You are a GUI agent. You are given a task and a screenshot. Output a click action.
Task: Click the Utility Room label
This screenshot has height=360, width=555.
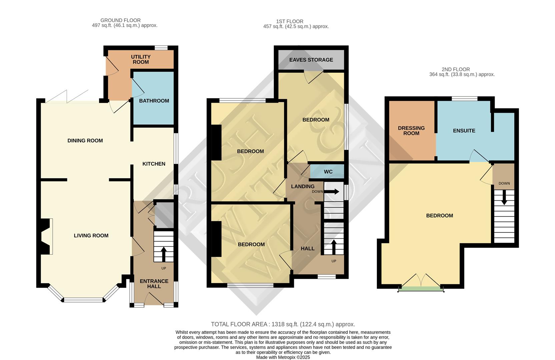click(141, 59)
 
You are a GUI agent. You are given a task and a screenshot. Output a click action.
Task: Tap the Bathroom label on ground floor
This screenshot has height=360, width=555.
click(154, 101)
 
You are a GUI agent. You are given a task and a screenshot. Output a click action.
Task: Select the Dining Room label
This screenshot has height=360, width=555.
click(85, 141)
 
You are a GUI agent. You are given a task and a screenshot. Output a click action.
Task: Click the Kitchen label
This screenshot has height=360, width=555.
click(154, 164)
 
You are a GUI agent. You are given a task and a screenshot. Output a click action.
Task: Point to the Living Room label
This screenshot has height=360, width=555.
click(91, 236)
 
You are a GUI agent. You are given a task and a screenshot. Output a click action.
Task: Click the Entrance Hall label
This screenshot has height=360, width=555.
click(154, 284)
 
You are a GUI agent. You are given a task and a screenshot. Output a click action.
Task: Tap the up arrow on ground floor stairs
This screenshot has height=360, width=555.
click(163, 254)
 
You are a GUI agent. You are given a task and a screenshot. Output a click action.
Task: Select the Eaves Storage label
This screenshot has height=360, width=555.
click(311, 60)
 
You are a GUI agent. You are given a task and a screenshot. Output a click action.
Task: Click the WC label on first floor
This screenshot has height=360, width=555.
click(328, 172)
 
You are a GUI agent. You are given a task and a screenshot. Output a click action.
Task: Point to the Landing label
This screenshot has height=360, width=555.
click(303, 186)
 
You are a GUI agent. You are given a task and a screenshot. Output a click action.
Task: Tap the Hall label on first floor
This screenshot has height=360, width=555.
click(308, 248)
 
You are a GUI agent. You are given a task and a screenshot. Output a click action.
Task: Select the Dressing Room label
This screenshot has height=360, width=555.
click(411, 131)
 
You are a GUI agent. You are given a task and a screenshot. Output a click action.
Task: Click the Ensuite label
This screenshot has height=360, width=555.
click(464, 131)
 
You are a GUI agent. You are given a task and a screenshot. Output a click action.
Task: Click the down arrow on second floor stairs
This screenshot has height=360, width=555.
click(504, 198)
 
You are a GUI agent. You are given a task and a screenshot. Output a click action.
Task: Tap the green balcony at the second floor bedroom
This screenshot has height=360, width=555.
click(421, 289)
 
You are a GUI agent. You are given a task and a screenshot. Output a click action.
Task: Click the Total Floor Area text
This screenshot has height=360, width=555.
click(283, 324)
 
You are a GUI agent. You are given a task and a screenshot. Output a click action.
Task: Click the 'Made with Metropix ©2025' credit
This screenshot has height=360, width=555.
click(283, 357)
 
